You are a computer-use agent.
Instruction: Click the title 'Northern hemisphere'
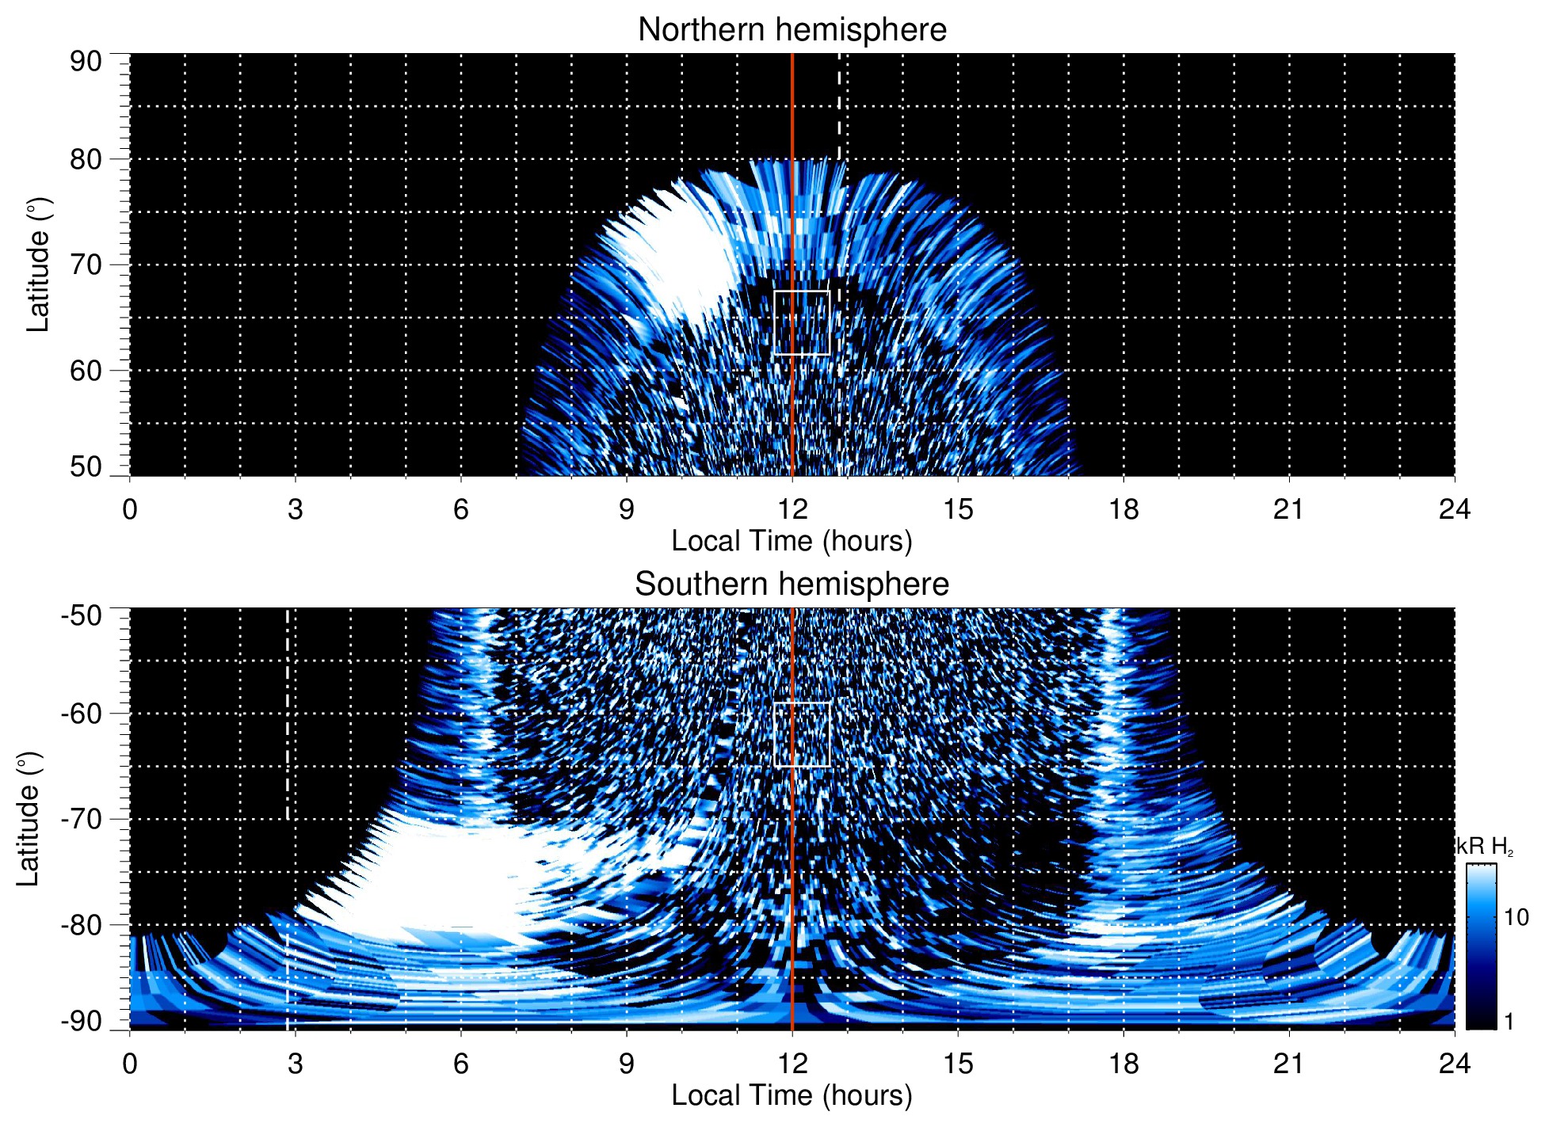tap(792, 30)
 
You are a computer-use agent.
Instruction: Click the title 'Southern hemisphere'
tap(792, 584)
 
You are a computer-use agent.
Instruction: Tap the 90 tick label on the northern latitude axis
tap(86, 62)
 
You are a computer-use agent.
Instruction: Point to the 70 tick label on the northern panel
tap(86, 265)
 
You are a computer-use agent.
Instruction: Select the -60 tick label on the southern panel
tap(82, 714)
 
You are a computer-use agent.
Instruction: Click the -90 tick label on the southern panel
tap(82, 1022)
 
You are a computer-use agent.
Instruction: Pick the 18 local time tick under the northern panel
tap(1123, 509)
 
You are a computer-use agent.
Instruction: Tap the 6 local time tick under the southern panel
tap(460, 1064)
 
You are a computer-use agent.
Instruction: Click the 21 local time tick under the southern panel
tap(1288, 1064)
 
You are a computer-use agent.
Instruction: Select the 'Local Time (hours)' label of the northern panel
tap(792, 542)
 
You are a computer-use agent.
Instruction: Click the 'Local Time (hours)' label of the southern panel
tap(792, 1096)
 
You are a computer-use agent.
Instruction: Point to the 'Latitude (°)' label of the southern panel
tap(29, 819)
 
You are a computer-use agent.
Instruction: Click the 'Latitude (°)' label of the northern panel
tap(38, 265)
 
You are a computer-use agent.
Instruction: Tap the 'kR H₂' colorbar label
tap(1484, 847)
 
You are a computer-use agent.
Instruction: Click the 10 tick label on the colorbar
tap(1516, 918)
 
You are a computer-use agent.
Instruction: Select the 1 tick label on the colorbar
tap(1509, 1022)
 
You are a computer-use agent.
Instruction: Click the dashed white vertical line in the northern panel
tap(839, 103)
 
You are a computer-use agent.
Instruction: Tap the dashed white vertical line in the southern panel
tap(287, 713)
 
